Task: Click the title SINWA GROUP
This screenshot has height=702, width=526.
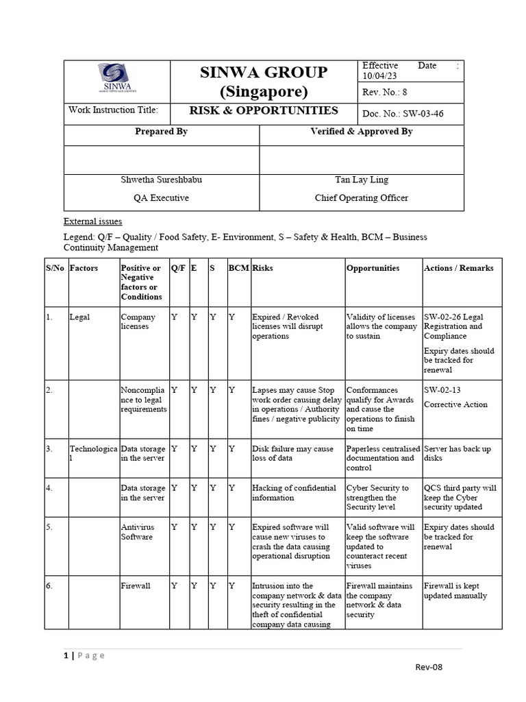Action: tap(264, 73)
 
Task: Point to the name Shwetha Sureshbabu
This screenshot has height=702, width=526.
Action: tap(162, 180)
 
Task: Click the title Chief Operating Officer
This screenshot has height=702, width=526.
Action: tap(361, 198)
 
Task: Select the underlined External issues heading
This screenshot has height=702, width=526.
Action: tap(93, 221)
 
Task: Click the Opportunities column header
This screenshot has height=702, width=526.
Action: tap(373, 268)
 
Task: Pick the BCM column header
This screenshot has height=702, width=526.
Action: tap(238, 268)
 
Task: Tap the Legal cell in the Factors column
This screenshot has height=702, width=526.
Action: tap(79, 317)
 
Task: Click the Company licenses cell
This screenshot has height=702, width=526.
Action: tap(138, 322)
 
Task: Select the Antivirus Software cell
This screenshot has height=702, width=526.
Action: tap(138, 532)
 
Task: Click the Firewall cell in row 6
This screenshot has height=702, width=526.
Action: tap(136, 586)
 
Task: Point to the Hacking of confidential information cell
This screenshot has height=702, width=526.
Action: tap(294, 493)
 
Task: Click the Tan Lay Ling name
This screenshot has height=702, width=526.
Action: tap(361, 180)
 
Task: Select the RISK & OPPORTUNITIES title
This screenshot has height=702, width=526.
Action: tap(264, 110)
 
